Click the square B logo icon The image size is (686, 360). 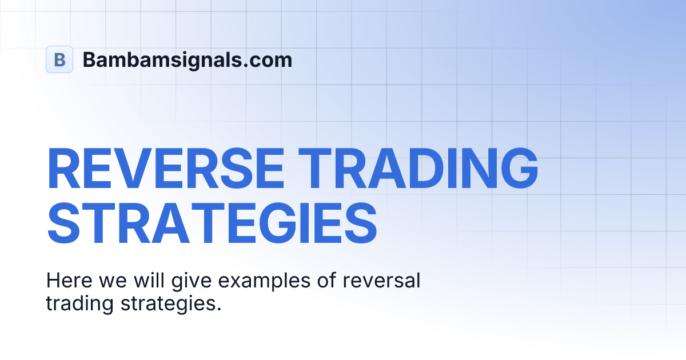(x=59, y=59)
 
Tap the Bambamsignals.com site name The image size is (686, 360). (x=188, y=59)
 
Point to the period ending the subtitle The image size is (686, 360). (x=218, y=309)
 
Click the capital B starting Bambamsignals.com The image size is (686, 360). (x=90, y=59)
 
